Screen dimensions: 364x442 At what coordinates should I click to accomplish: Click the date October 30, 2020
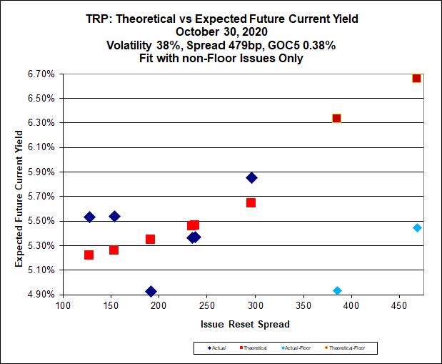pyautogui.click(x=221, y=32)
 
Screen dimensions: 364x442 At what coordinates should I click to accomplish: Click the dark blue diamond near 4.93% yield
pyautogui.click(x=151, y=291)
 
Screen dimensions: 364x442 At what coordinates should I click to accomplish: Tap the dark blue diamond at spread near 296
pyautogui.click(x=251, y=177)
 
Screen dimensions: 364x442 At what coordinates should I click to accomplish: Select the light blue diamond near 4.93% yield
pyautogui.click(x=337, y=290)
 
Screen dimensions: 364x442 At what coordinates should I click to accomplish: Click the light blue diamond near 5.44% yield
pyautogui.click(x=417, y=227)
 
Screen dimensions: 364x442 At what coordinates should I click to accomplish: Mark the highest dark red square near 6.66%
pyautogui.click(x=417, y=78)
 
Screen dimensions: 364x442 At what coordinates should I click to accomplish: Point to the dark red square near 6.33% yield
pyautogui.click(x=336, y=118)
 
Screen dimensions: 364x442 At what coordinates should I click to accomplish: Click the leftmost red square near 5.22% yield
pyautogui.click(x=89, y=255)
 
